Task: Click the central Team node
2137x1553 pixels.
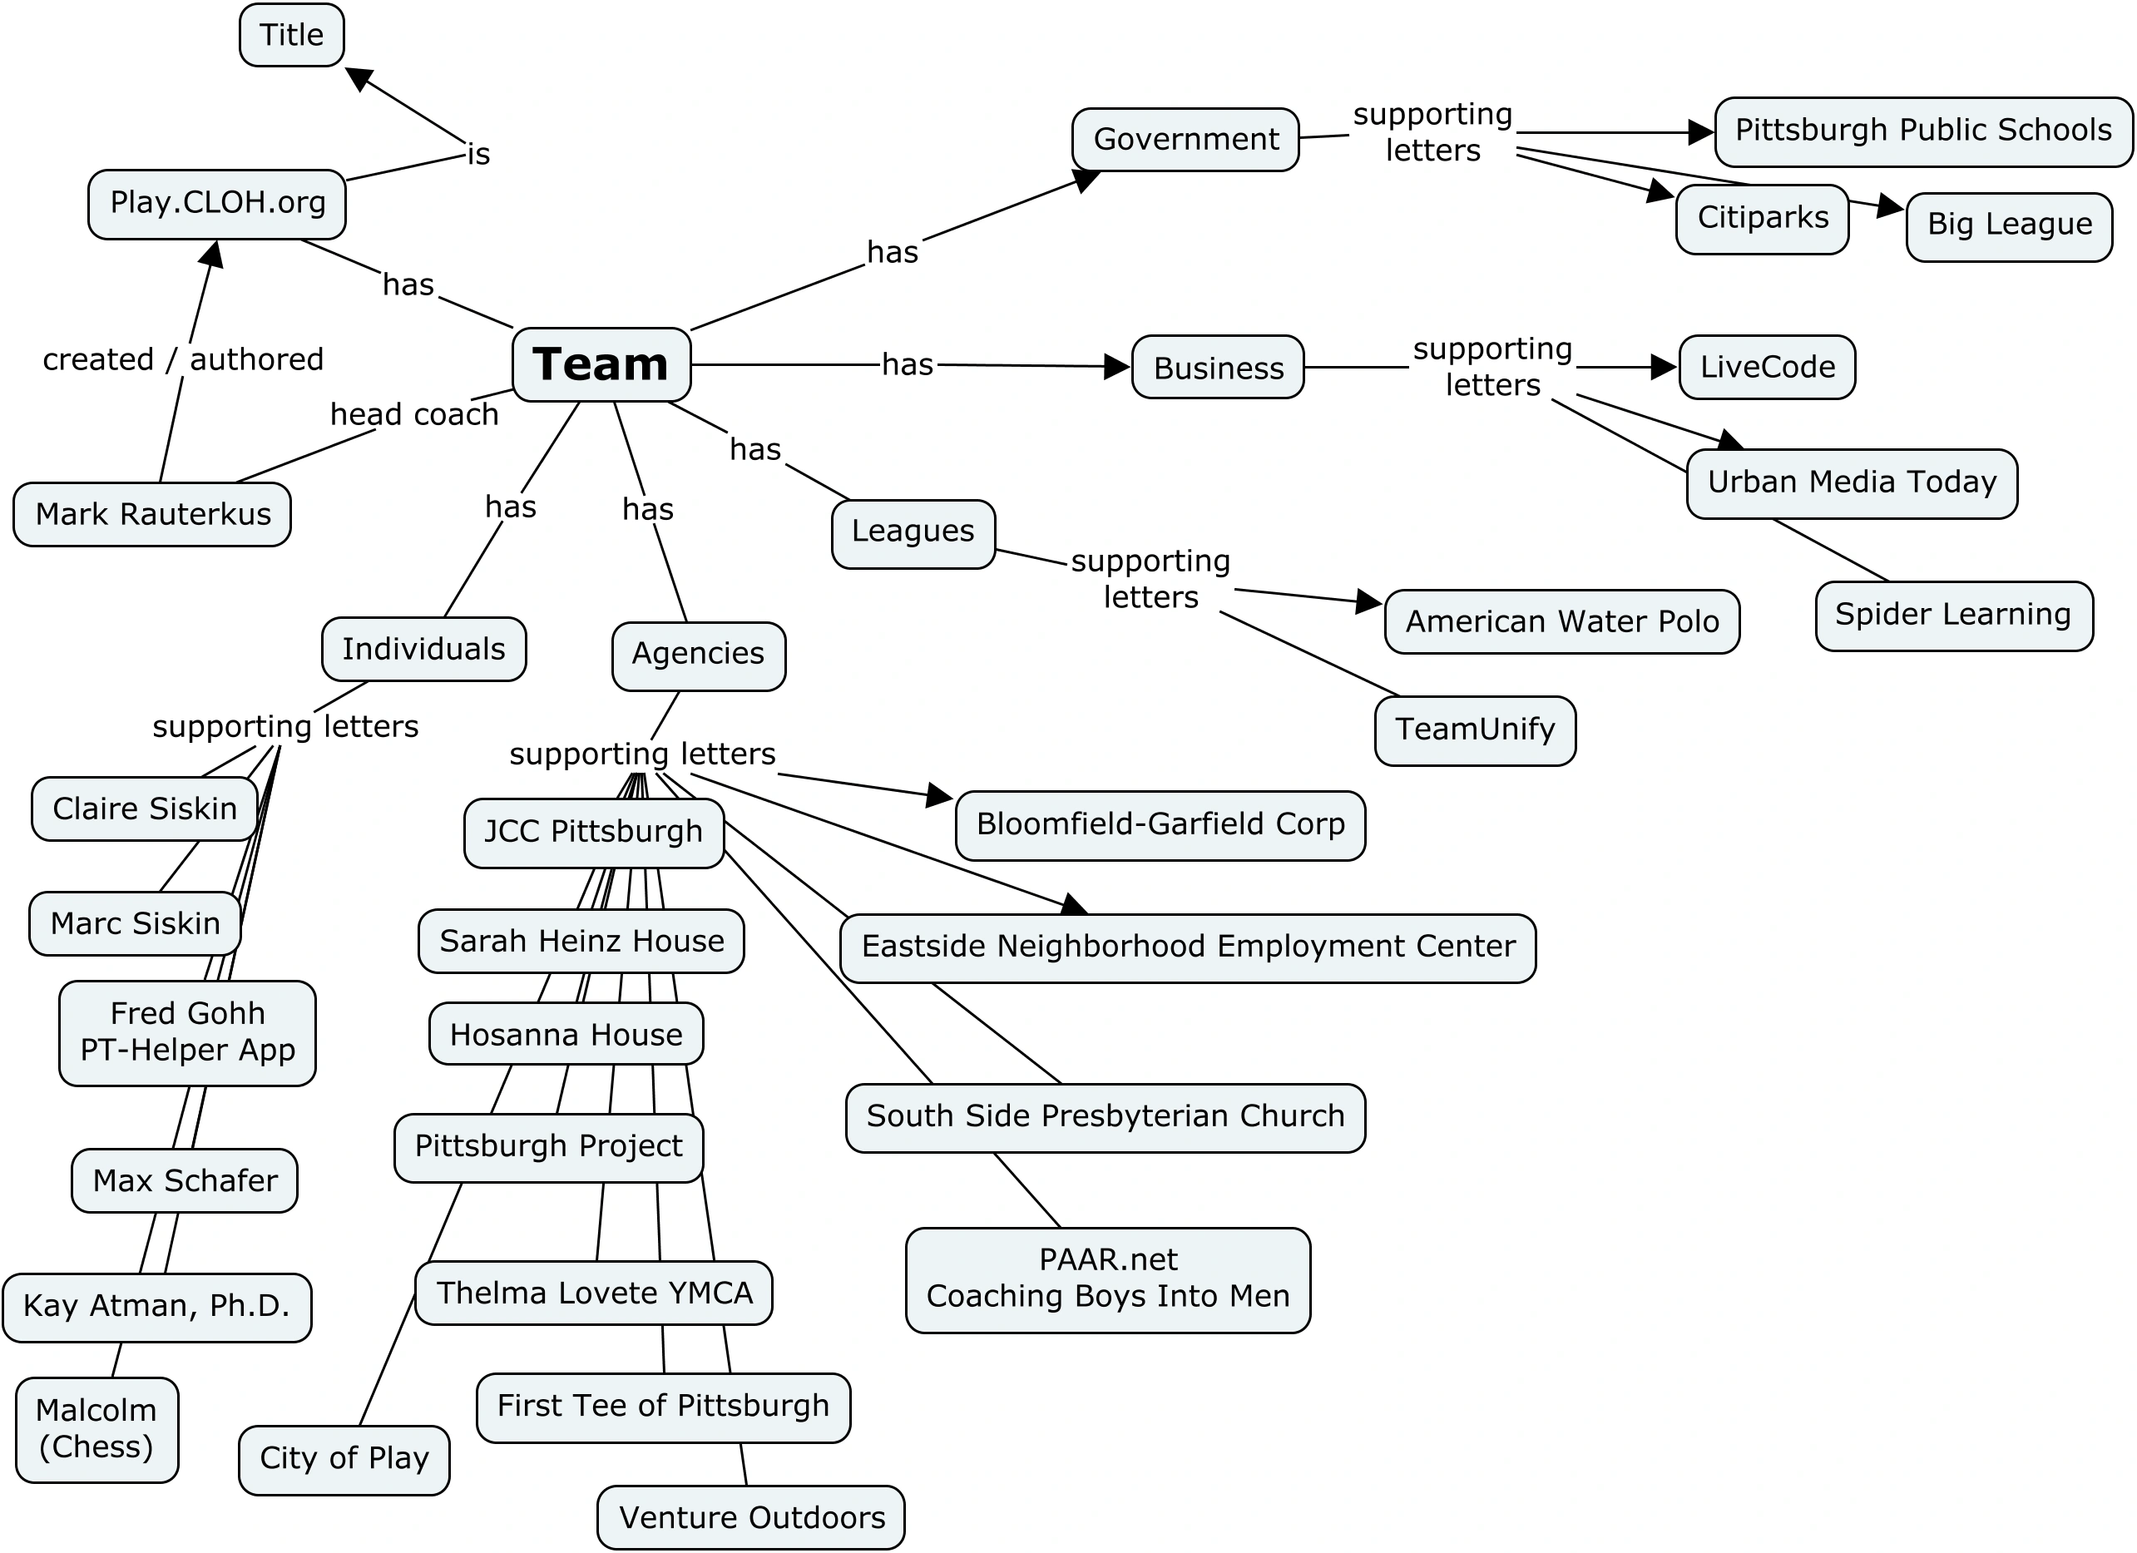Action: click(601, 364)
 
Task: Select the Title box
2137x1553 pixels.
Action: click(291, 36)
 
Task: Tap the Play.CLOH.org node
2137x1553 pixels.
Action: click(217, 204)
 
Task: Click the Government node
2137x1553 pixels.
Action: click(1185, 140)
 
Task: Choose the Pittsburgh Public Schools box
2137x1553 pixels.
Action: click(1922, 131)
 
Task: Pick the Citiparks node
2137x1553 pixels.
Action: click(1762, 219)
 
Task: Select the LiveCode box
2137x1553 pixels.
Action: click(1767, 367)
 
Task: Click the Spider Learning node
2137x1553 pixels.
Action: click(1953, 616)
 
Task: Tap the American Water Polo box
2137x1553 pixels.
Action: click(1561, 622)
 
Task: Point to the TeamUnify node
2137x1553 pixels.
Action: click(1475, 730)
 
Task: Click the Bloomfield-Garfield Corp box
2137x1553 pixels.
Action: click(1160, 825)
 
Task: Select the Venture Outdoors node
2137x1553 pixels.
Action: click(751, 1518)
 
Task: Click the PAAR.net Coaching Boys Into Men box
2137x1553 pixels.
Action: click(1107, 1279)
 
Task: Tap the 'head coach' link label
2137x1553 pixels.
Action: click(413, 414)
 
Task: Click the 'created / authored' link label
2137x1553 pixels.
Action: click(183, 360)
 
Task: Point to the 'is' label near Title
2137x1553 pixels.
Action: click(478, 155)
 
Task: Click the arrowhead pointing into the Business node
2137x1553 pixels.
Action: click(1117, 367)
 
